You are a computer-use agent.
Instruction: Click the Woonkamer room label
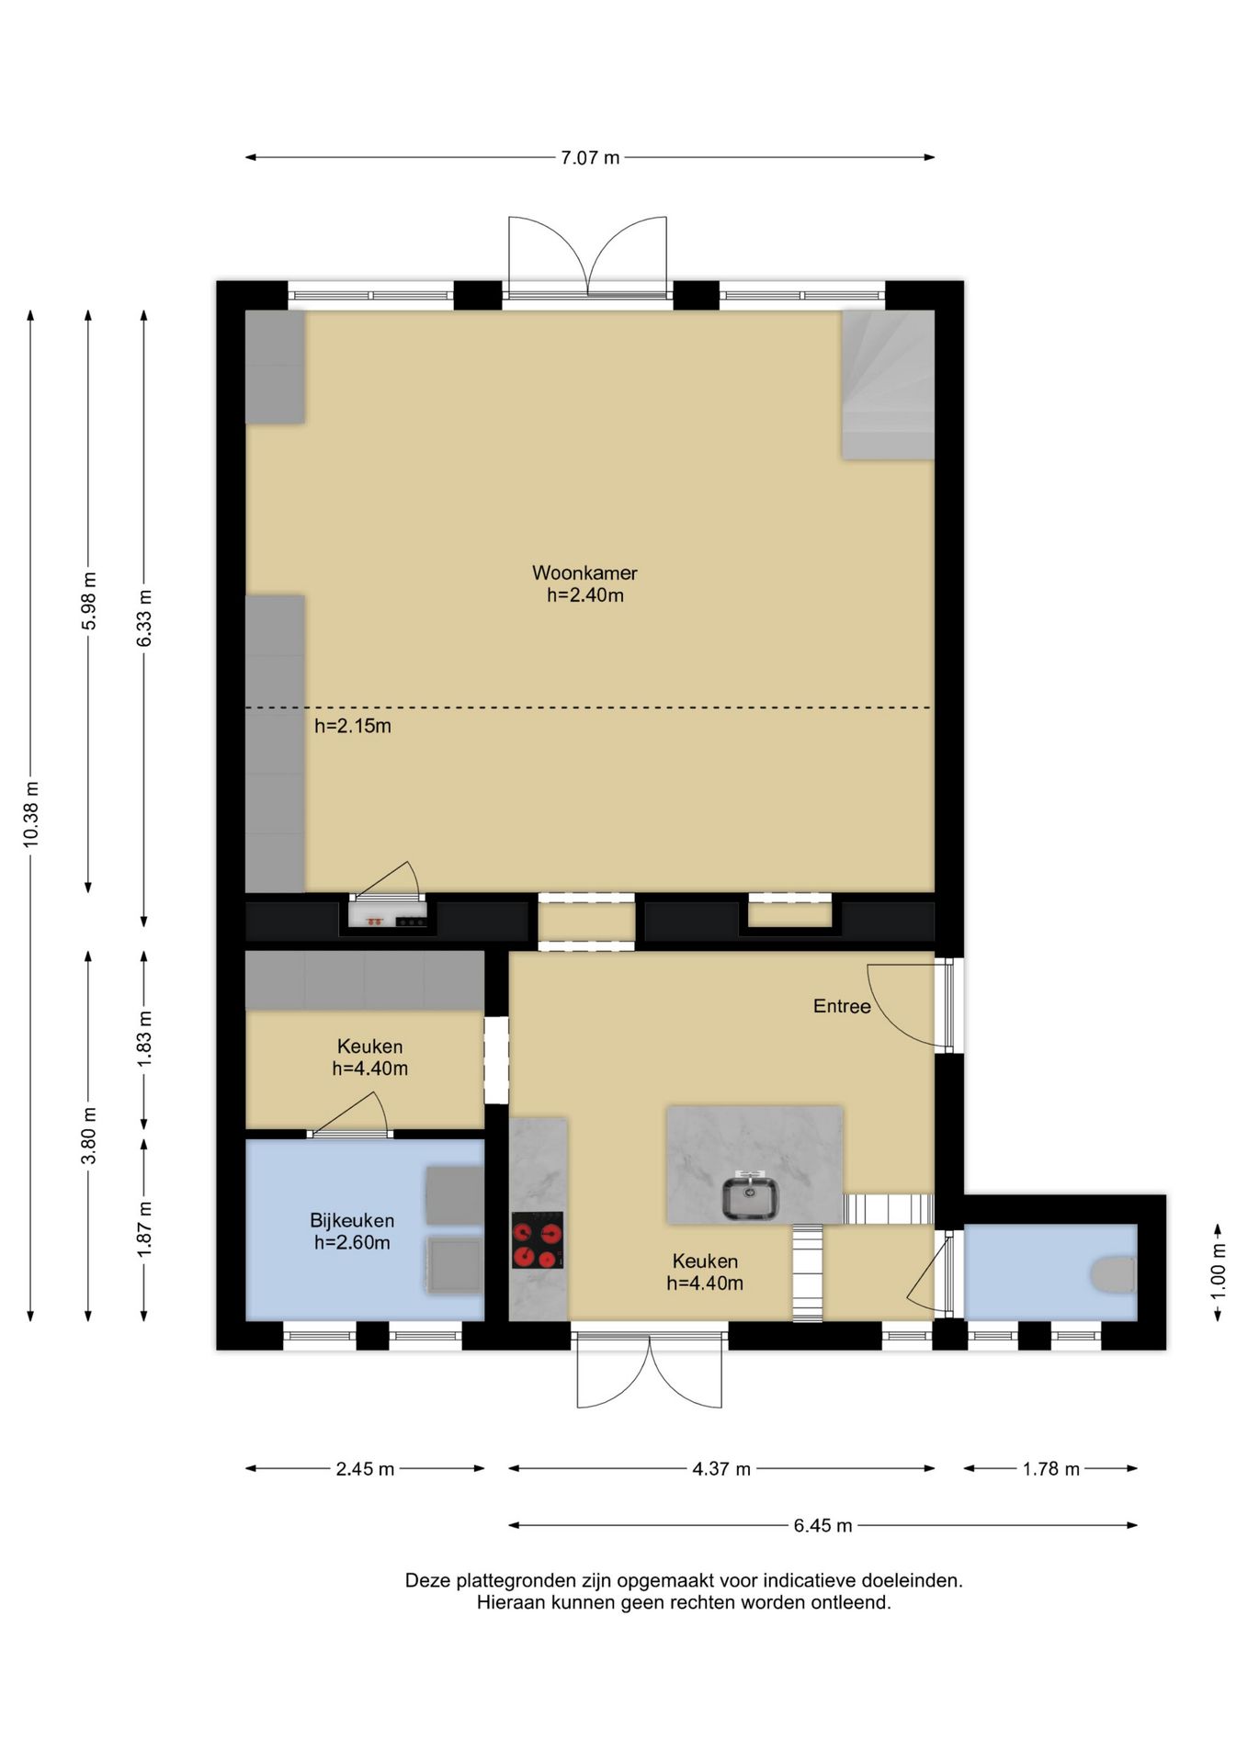[584, 572]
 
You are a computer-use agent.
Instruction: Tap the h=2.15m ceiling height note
[353, 726]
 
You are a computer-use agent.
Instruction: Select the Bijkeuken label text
[352, 1220]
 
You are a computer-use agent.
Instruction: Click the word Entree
[842, 1006]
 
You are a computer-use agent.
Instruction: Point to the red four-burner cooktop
[538, 1240]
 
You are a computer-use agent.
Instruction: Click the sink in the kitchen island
[750, 1197]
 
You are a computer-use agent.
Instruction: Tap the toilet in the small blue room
[1114, 1274]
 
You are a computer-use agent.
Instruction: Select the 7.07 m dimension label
[590, 157]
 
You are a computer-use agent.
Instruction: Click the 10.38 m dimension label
[31, 814]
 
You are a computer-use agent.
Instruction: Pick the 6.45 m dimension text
[823, 1525]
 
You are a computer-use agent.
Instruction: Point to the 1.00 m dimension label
[1218, 1271]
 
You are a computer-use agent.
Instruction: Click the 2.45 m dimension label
[365, 1468]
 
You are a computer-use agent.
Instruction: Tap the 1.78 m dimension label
[1050, 1468]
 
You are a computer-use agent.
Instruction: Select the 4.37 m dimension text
[721, 1468]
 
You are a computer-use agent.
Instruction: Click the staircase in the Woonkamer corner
[888, 384]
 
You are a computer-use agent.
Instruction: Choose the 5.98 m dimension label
[89, 601]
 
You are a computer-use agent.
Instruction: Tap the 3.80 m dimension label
[89, 1136]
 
